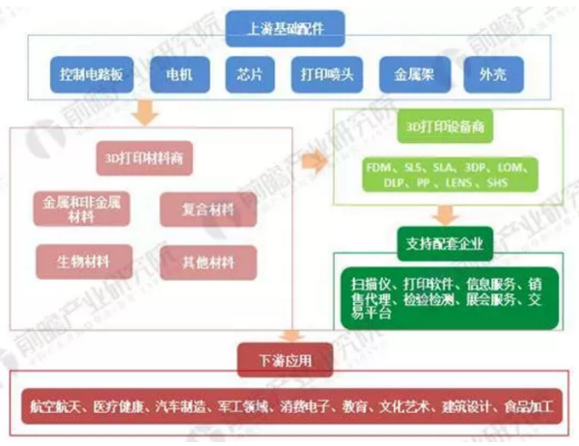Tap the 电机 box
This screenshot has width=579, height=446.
pos(179,73)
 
